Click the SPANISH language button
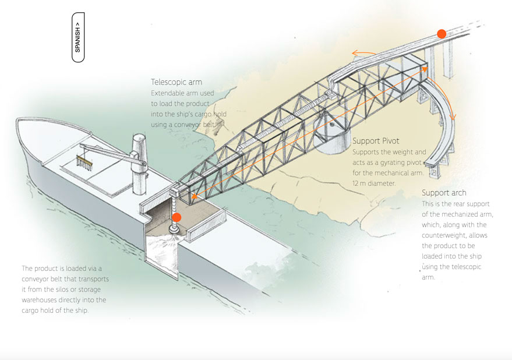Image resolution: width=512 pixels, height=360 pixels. (x=78, y=37)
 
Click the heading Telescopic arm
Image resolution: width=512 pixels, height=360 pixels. (x=176, y=82)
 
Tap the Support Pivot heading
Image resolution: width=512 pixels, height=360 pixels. (x=376, y=141)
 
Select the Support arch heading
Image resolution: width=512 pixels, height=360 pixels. (x=444, y=193)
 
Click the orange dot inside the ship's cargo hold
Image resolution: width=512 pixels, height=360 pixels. (x=176, y=217)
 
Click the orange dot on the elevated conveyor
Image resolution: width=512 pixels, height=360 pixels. (x=442, y=34)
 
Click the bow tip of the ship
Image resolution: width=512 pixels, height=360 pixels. (x=17, y=120)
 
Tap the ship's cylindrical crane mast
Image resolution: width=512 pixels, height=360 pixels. (x=139, y=163)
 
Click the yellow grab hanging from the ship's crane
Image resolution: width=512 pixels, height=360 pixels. (x=84, y=163)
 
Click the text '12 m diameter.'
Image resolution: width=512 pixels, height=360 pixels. (x=374, y=183)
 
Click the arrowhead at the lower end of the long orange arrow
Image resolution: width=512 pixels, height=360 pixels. (x=195, y=196)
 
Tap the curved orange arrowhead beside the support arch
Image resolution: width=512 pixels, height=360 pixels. (x=453, y=117)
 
